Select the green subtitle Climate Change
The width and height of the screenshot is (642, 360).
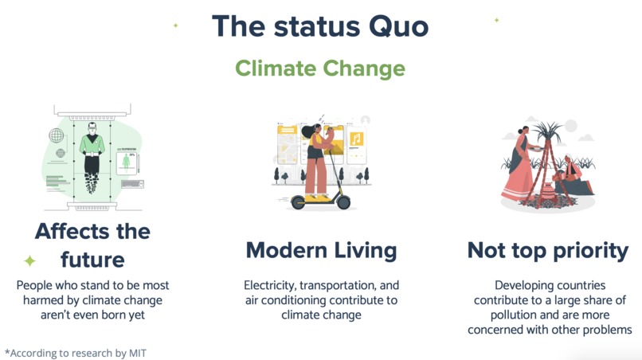click(320, 68)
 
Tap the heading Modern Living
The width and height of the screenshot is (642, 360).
click(321, 250)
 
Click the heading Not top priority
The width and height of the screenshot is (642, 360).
click(548, 250)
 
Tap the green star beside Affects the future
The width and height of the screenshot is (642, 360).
click(29, 260)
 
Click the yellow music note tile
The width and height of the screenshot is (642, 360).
click(356, 140)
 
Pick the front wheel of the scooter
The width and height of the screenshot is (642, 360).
click(343, 202)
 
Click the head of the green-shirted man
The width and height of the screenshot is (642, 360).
click(92, 127)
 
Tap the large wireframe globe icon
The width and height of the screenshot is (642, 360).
click(57, 135)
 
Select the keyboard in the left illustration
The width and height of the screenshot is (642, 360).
click(131, 184)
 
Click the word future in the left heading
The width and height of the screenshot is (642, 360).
click(92, 260)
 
